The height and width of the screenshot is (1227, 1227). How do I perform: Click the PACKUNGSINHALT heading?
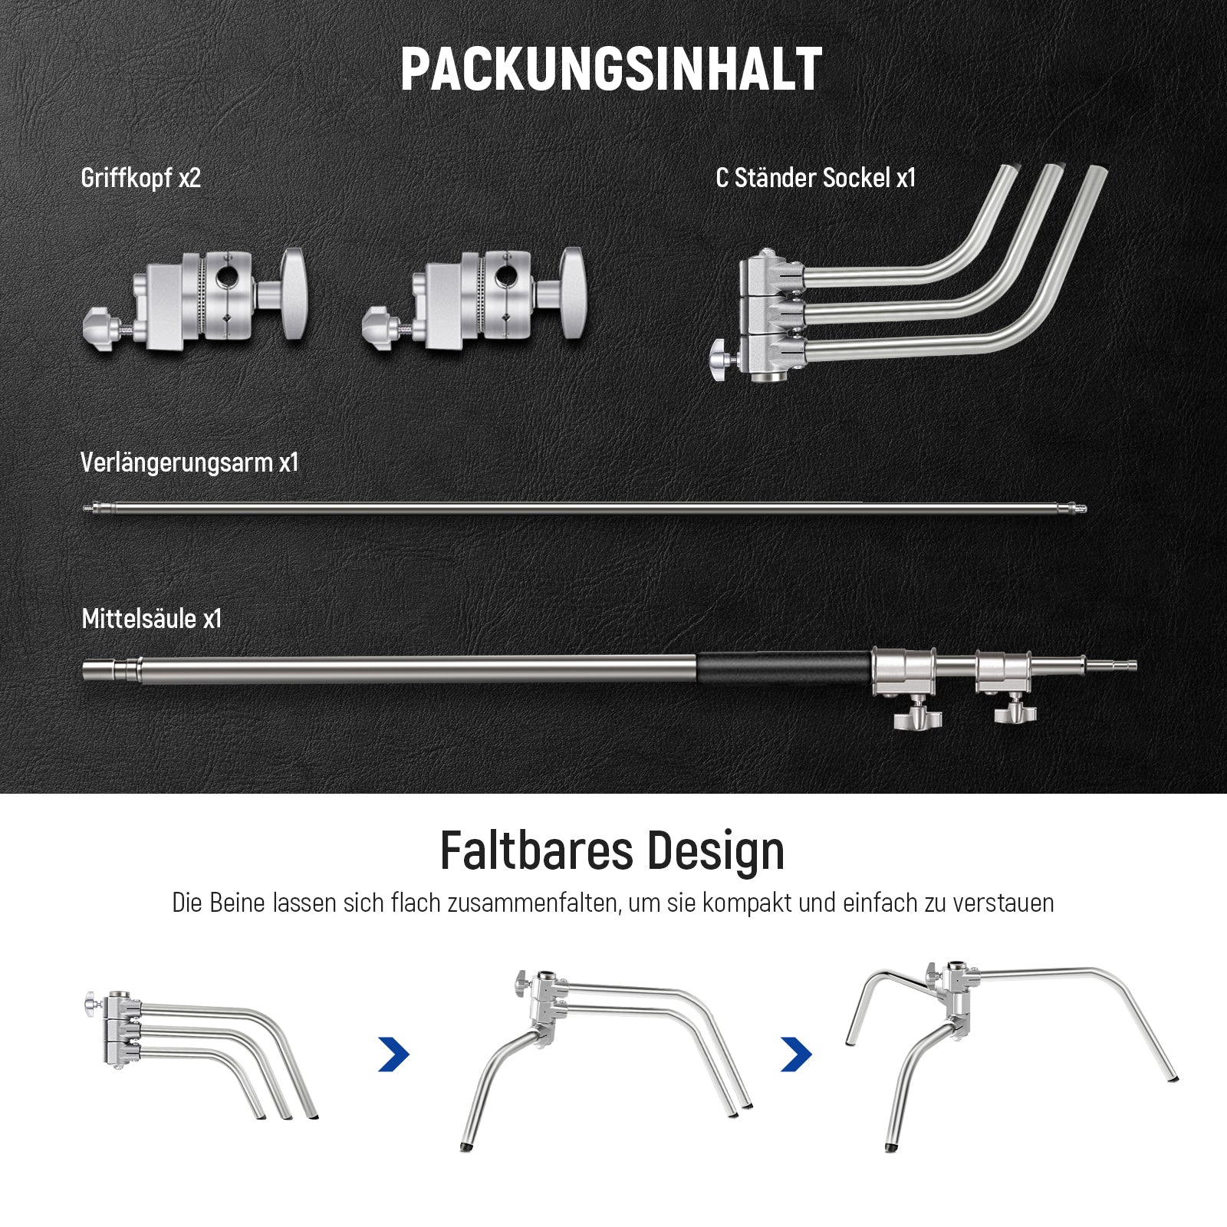[611, 69]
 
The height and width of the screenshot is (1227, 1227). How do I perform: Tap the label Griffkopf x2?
[141, 178]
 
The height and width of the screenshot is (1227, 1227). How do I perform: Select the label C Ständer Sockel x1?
[816, 178]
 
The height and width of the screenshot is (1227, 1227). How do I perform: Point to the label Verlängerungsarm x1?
[189, 462]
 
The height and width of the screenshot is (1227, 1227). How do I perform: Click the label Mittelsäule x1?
[152, 619]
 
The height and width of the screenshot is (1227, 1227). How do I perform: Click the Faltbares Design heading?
[612, 852]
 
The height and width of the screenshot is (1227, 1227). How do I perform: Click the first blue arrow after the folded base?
[394, 1054]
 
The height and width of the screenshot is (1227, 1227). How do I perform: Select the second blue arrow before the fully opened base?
[796, 1054]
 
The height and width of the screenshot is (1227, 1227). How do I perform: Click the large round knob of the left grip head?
[294, 293]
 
